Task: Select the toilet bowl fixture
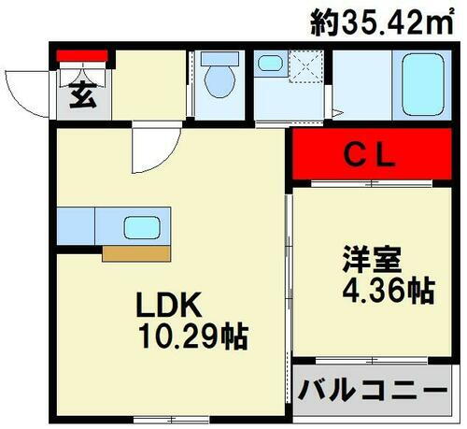tap(220, 80)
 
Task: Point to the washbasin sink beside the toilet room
tap(271, 64)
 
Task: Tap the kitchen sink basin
tap(143, 228)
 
